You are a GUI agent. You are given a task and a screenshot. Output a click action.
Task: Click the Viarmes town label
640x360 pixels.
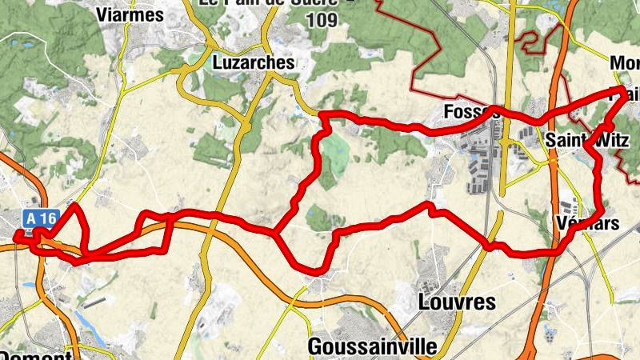(x=129, y=14)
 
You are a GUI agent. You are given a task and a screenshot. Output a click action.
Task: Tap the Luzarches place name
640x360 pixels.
(x=254, y=62)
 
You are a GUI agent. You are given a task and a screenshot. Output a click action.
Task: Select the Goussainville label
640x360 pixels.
(x=373, y=347)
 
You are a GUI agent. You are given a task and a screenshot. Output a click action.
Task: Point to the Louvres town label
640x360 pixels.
(x=457, y=302)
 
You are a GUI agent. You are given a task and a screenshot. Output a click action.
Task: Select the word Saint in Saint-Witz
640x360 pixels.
(x=563, y=141)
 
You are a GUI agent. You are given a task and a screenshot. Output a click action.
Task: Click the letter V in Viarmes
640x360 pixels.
(x=102, y=14)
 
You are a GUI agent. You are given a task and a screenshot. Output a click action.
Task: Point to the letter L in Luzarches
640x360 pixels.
(x=218, y=62)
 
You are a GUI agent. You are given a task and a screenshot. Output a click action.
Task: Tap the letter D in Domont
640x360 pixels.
(x=5, y=354)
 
